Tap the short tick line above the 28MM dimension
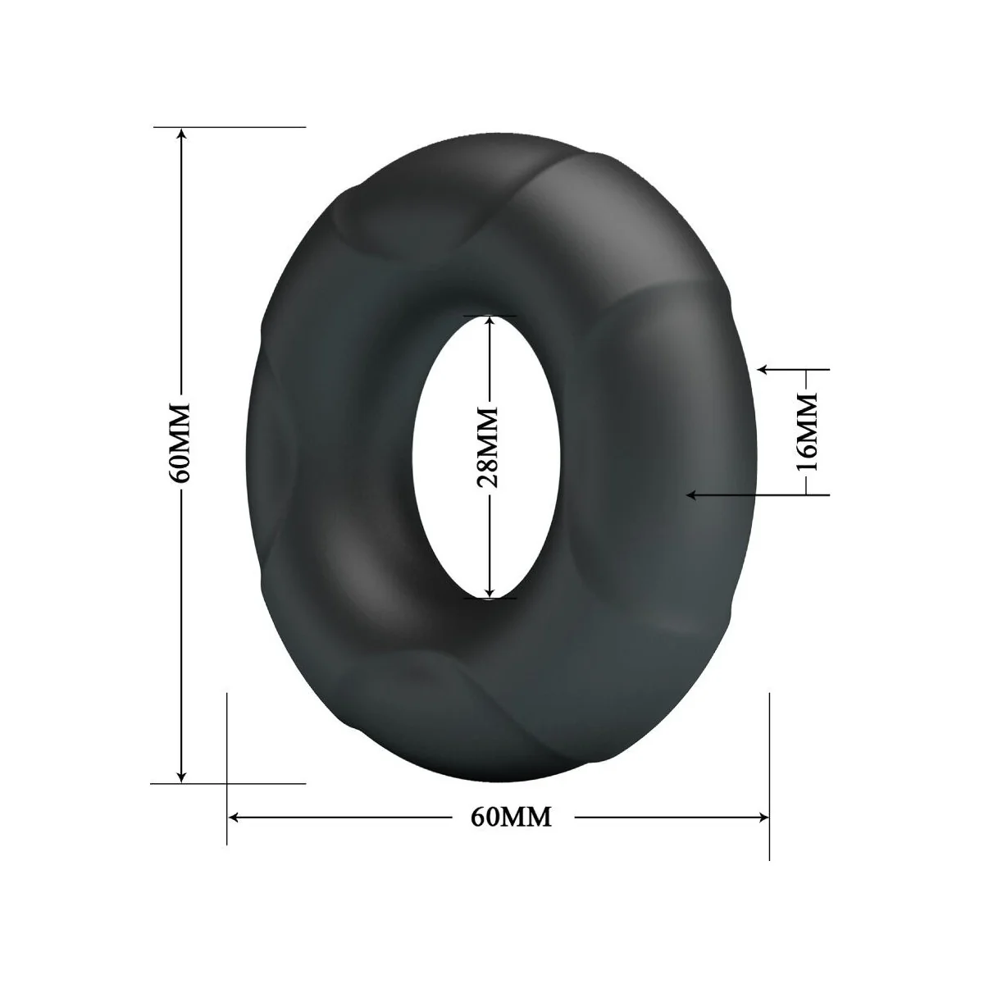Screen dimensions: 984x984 (490, 315)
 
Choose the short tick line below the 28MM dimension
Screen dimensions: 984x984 (490, 599)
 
